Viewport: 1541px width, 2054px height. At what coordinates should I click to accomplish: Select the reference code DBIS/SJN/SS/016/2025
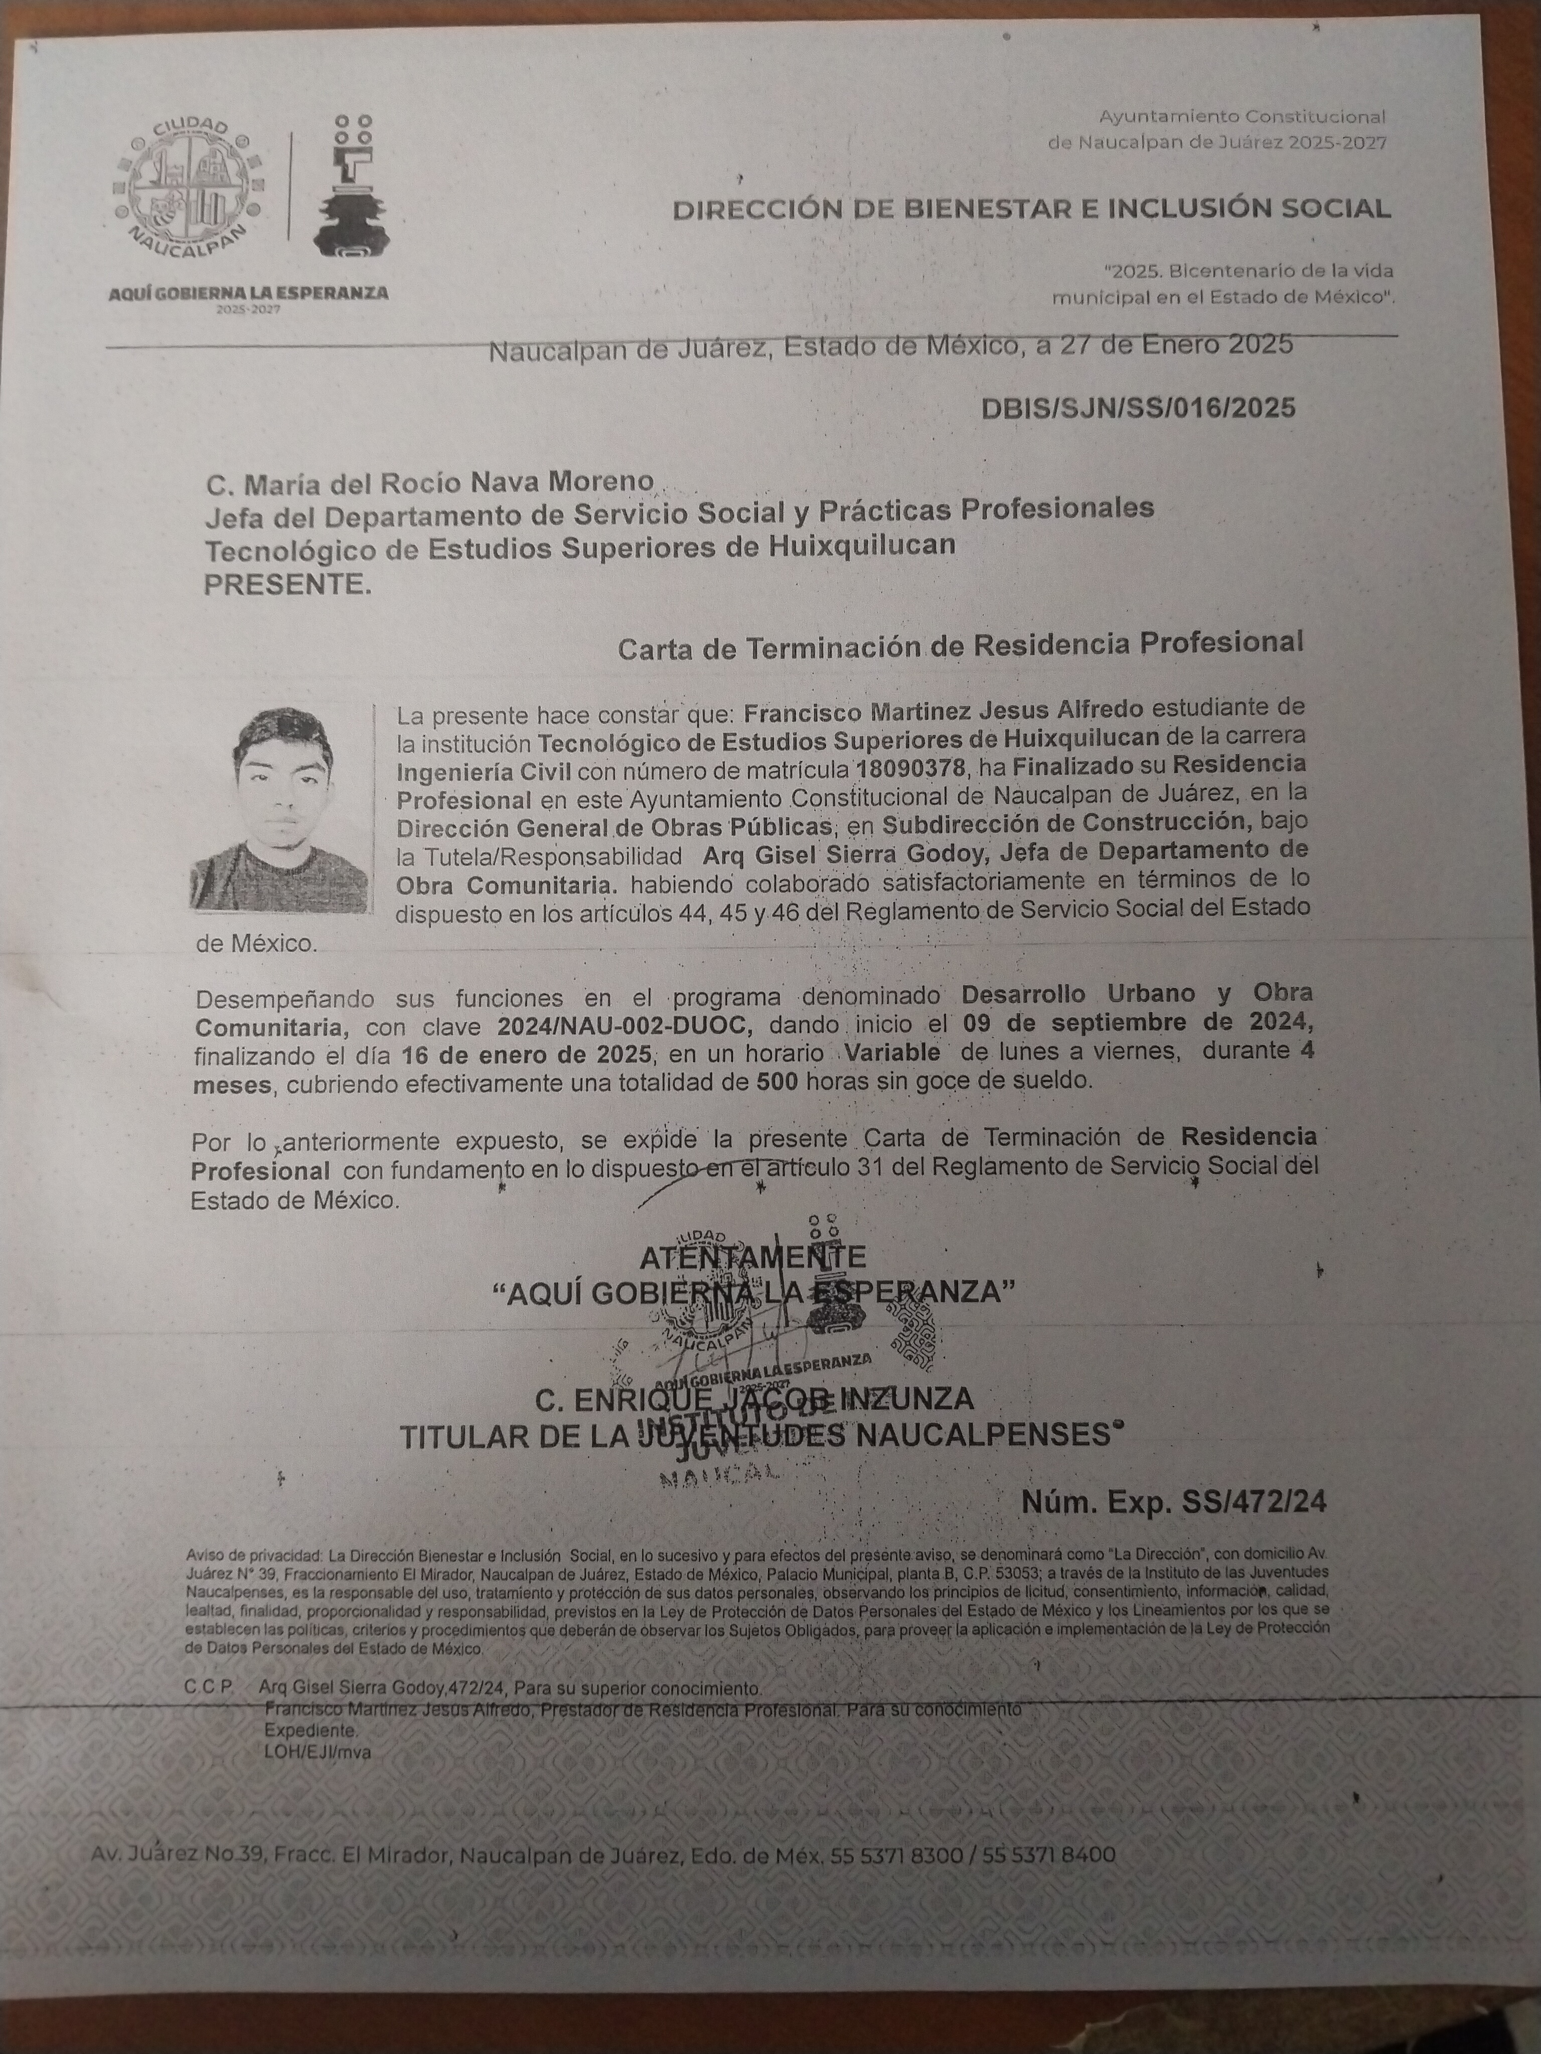tap(1137, 409)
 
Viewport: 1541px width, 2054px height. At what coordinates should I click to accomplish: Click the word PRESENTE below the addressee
tap(286, 585)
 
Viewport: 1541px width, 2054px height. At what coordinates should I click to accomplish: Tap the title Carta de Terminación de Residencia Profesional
tap(961, 643)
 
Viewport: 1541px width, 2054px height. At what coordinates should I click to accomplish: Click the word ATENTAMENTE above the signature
tap(752, 1257)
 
